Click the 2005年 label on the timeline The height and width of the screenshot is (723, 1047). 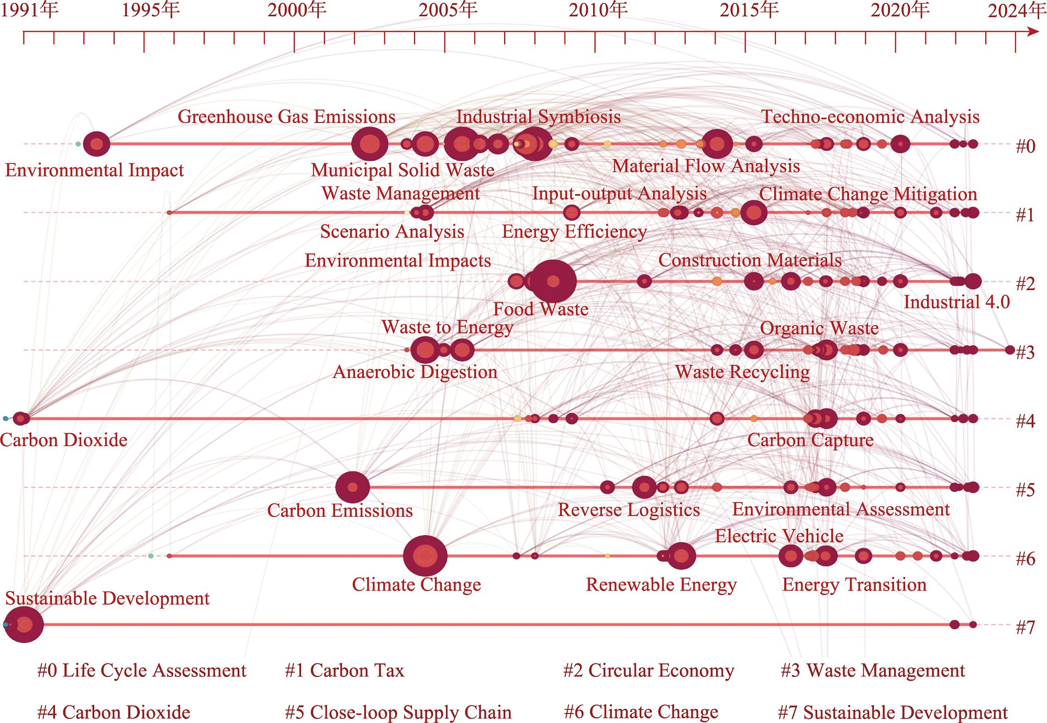pyautogui.click(x=448, y=10)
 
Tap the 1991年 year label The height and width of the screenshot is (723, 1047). pyautogui.click(x=29, y=10)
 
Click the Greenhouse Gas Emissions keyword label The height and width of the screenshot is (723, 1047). pyautogui.click(x=286, y=117)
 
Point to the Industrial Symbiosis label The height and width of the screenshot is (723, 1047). pyautogui.click(x=538, y=117)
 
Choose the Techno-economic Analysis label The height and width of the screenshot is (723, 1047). pyautogui.click(x=870, y=117)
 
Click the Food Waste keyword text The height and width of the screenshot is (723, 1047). pyautogui.click(x=541, y=309)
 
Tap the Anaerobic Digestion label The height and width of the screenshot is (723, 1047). pyautogui.click(x=415, y=372)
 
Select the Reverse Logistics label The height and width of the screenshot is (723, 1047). pyautogui.click(x=629, y=510)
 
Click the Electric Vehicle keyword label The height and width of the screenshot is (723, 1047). pyautogui.click(x=779, y=536)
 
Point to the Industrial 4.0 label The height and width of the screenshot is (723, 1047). pyautogui.click(x=956, y=302)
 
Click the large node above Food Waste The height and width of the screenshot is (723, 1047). pyautogui.click(x=553, y=281)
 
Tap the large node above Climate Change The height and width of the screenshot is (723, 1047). pyautogui.click(x=425, y=555)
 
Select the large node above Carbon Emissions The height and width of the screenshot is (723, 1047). pyautogui.click(x=352, y=487)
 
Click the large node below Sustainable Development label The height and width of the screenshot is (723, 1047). pyautogui.click(x=24, y=624)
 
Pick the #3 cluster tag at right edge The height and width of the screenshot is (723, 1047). pyautogui.click(x=1025, y=353)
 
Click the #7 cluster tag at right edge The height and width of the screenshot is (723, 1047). pyautogui.click(x=1025, y=627)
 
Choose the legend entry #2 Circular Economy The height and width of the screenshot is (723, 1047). pyautogui.click(x=649, y=671)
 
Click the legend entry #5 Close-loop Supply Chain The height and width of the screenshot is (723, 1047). pyautogui.click(x=398, y=713)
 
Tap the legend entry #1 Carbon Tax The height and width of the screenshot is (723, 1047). pyautogui.click(x=344, y=671)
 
